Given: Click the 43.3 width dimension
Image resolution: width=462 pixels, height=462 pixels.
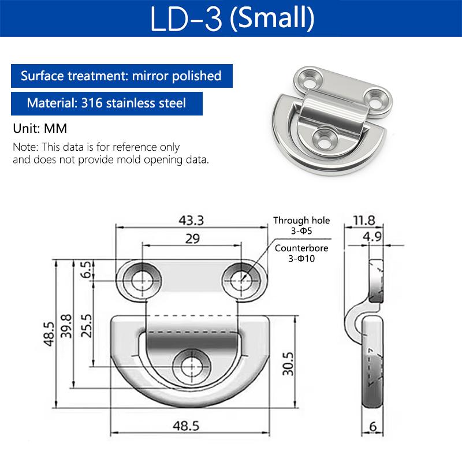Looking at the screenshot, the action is tap(191, 221).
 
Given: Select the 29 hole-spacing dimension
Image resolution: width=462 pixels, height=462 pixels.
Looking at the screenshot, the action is tap(192, 239).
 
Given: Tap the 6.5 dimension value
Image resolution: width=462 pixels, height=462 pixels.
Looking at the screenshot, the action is tap(86, 270).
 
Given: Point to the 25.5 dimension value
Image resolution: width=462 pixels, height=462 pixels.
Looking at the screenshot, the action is tap(86, 326).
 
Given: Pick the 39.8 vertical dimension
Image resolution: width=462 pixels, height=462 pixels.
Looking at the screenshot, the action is tap(66, 326).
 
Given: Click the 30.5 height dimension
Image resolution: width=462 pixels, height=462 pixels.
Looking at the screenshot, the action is tap(288, 364).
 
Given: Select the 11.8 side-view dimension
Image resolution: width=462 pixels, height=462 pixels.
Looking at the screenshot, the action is tap(364, 221).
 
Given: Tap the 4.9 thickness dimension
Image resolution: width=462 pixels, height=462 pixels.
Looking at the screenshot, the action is tap(372, 237).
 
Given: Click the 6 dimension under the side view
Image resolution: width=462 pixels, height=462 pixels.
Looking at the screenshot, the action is tap(372, 426).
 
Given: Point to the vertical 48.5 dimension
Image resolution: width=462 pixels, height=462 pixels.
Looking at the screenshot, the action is tap(49, 334).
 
